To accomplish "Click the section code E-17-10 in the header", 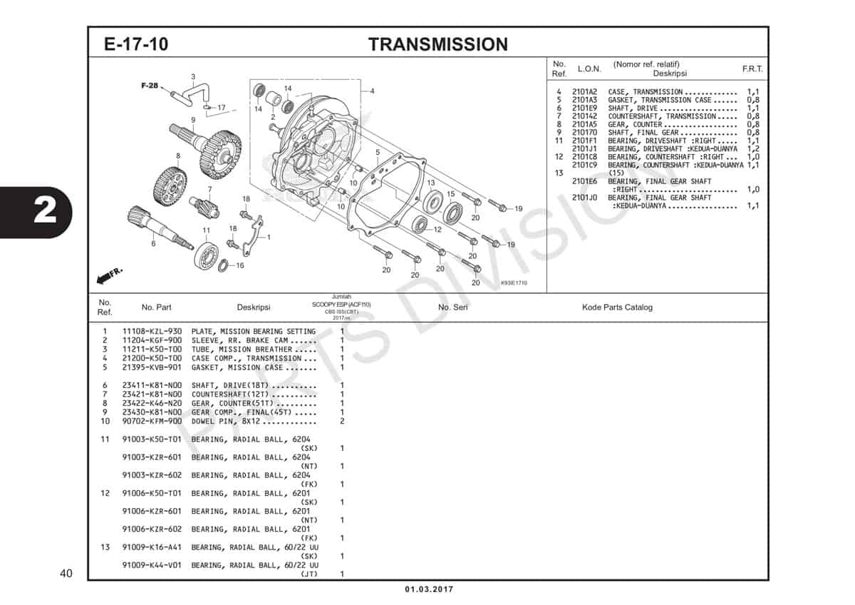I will [136, 44].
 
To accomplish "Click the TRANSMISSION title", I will [437, 44].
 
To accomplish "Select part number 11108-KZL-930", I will [152, 332].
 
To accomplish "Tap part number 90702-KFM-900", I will [152, 421].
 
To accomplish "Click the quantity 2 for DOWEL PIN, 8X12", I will [342, 421].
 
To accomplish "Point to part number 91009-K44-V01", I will [152, 565].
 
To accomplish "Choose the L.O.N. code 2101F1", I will [584, 141].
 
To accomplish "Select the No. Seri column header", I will [452, 307].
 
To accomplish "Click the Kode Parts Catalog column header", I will [617, 307].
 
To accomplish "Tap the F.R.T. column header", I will [752, 69].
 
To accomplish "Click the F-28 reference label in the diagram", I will [149, 86].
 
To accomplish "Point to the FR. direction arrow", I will [107, 275].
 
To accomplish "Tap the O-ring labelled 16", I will [222, 266].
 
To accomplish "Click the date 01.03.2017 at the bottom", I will [428, 589].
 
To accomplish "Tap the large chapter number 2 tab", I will [44, 213].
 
